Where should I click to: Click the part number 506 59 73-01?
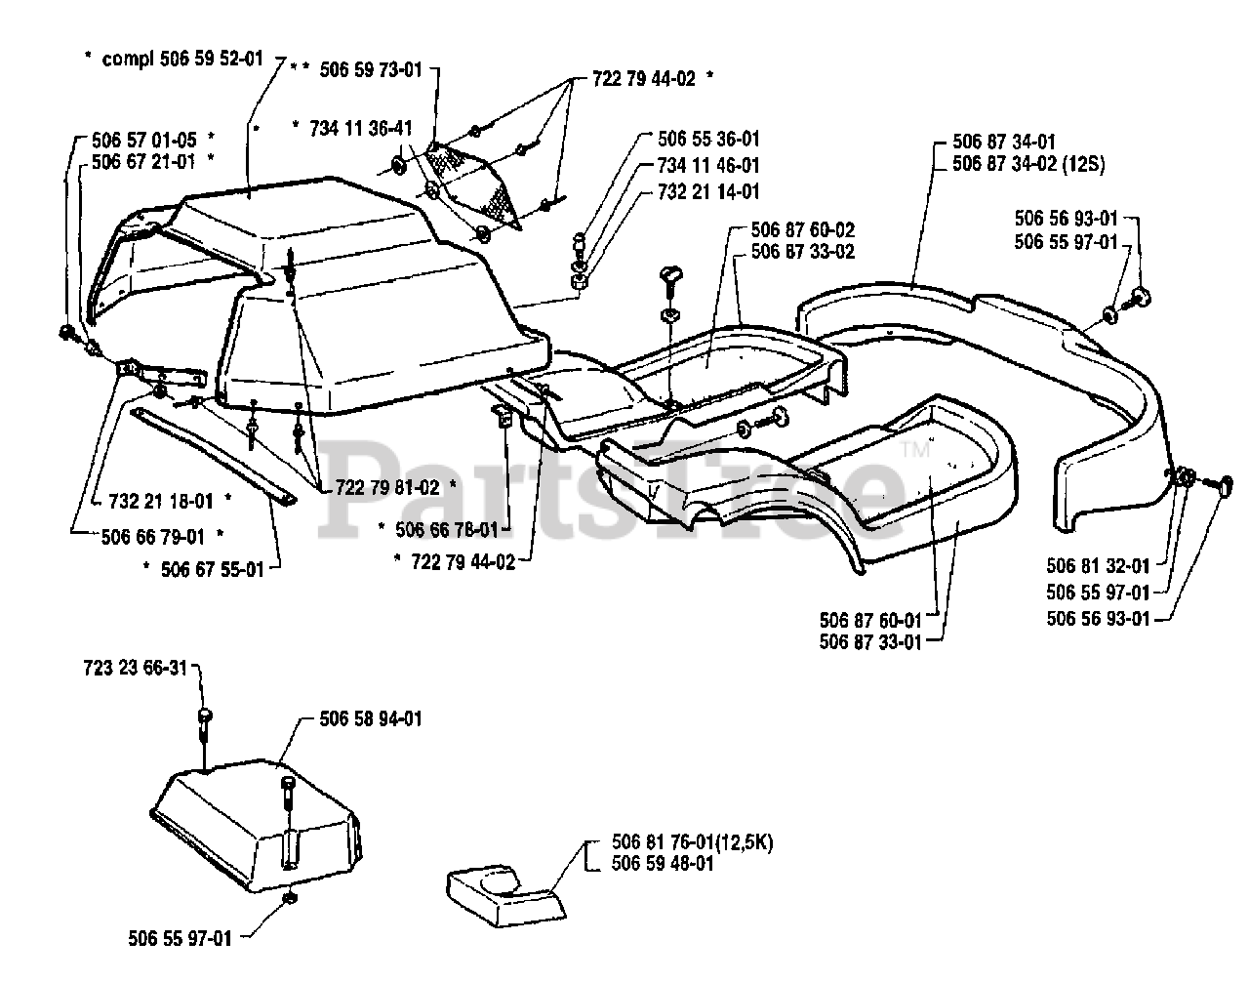coord(372,69)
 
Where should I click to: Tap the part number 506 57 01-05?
coord(145,140)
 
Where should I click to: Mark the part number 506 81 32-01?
coord(1098,564)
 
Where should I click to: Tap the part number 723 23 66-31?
coord(133,668)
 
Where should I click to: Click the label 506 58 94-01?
coord(371,719)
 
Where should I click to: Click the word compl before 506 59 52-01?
coord(132,59)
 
